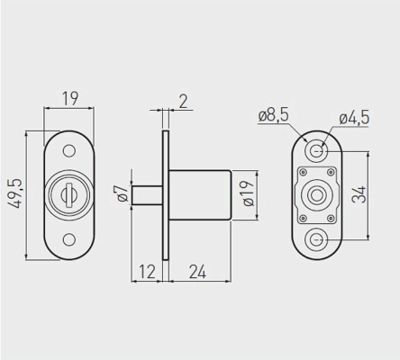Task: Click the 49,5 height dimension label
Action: click(14, 193)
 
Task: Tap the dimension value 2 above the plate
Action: click(183, 101)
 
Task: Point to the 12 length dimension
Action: click(147, 272)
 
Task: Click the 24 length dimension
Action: click(197, 272)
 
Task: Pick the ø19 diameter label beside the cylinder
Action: click(249, 193)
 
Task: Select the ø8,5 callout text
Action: click(274, 115)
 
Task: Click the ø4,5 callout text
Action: click(354, 118)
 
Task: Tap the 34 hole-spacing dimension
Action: click(359, 194)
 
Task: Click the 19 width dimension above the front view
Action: click(70, 98)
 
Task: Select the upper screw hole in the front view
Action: click(69, 151)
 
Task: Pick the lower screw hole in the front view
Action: click(69, 239)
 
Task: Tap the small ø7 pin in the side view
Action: click(148, 195)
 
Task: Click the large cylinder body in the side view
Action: click(200, 195)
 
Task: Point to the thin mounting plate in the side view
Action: click(166, 195)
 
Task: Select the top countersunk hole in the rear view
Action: click(316, 151)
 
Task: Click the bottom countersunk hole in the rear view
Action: click(316, 239)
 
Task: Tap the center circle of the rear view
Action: click(316, 195)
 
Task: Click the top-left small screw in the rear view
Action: click(303, 172)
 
